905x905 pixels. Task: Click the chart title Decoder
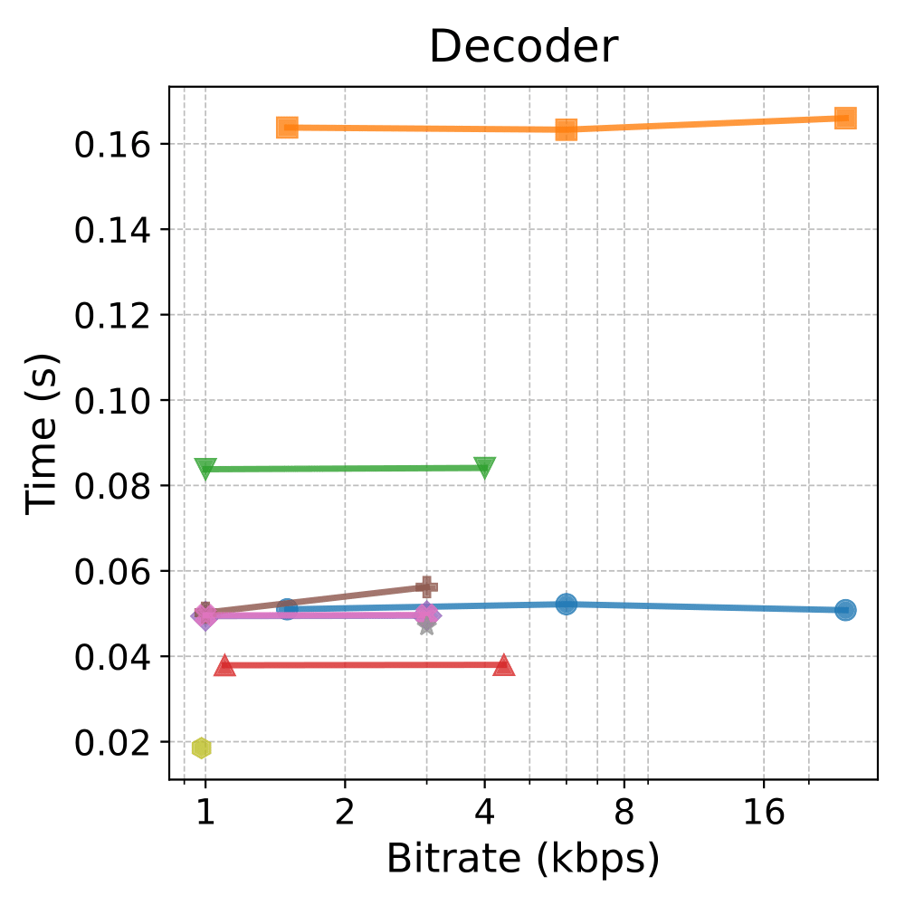(523, 47)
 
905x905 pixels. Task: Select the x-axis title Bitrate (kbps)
(523, 858)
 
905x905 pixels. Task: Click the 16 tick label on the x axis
(764, 812)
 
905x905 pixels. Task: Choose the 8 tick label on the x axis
(624, 812)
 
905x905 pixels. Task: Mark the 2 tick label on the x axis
(344, 812)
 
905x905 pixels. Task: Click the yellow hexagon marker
(202, 748)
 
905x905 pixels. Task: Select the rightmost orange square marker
(845, 118)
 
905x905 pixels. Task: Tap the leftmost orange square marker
(287, 127)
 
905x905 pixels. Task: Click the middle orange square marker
(566, 129)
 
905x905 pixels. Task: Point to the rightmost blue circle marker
(845, 610)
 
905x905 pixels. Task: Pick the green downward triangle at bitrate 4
(485, 468)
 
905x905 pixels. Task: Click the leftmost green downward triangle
(205, 469)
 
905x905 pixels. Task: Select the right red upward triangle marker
(504, 666)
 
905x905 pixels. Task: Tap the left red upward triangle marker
(224, 666)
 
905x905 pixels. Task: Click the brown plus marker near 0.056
(426, 587)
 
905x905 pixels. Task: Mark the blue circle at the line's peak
(566, 604)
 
